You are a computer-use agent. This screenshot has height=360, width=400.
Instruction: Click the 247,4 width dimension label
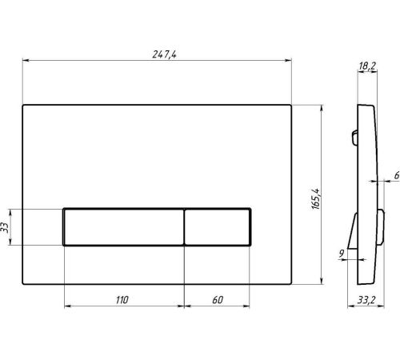pos(164,54)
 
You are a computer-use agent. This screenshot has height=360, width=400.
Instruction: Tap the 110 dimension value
pos(122,300)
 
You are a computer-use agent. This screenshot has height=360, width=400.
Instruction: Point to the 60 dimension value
pos(218,300)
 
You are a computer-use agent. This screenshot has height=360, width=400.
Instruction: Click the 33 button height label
pos(5,227)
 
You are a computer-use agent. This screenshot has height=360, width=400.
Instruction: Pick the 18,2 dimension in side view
pos(367,66)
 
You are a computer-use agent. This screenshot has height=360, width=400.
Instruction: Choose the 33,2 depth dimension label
pos(366,300)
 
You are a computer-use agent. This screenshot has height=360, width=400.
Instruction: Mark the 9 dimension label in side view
pos(342,254)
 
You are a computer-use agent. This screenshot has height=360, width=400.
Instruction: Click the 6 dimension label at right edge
pos(397,175)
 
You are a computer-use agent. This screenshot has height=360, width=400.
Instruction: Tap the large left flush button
pos(124,226)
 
